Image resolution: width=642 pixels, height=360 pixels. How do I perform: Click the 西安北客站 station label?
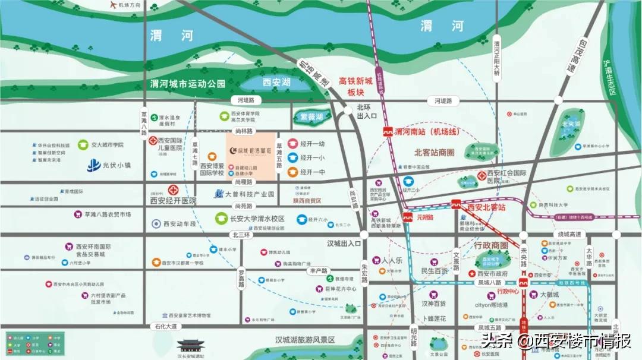tap(486, 207)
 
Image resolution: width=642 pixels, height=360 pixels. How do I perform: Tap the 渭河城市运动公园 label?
tap(188, 84)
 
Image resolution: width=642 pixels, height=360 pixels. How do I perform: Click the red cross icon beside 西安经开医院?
tap(173, 191)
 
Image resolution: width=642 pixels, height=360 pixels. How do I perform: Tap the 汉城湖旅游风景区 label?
tap(304, 340)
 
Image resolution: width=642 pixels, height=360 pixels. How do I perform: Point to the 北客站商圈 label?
tap(438, 152)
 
